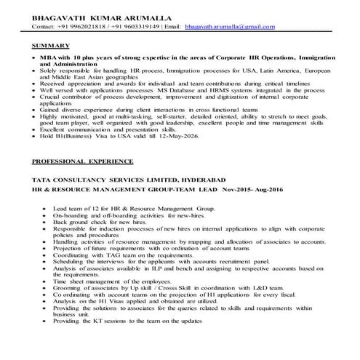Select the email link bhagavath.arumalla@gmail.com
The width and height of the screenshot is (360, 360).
pyautogui.click(x=230, y=27)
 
